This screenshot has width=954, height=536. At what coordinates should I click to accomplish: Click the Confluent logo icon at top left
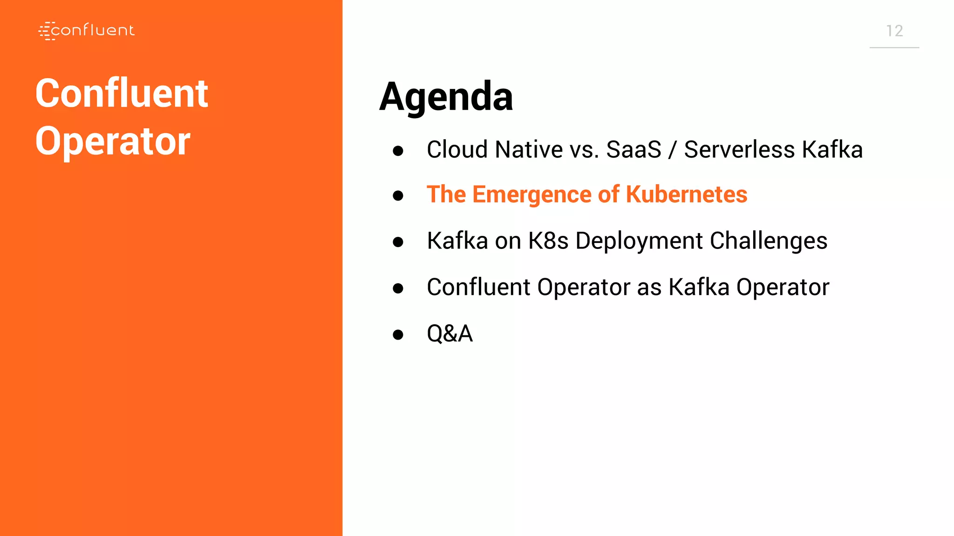pos(47,31)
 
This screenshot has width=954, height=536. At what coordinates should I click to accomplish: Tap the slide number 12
pos(894,31)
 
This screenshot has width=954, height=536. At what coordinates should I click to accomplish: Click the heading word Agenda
pos(446,96)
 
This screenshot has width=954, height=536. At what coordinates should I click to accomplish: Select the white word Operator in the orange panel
pos(113,141)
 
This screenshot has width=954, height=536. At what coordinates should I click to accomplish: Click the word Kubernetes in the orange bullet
pos(686,194)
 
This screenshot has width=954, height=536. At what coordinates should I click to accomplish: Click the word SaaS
pos(633,150)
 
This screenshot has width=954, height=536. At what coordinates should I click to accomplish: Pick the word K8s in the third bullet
pos(548,241)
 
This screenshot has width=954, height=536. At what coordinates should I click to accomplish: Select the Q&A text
pos(450,334)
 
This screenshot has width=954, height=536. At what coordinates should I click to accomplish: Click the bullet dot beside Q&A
pos(398,335)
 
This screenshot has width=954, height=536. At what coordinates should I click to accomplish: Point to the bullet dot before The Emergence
pos(398,195)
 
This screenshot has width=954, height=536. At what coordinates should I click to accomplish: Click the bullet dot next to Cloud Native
pos(398,151)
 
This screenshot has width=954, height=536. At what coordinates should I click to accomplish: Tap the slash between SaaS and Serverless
pos(672,150)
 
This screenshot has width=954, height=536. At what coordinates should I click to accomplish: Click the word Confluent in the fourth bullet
pos(478,287)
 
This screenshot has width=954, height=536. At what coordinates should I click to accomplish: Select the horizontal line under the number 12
pos(894,47)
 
